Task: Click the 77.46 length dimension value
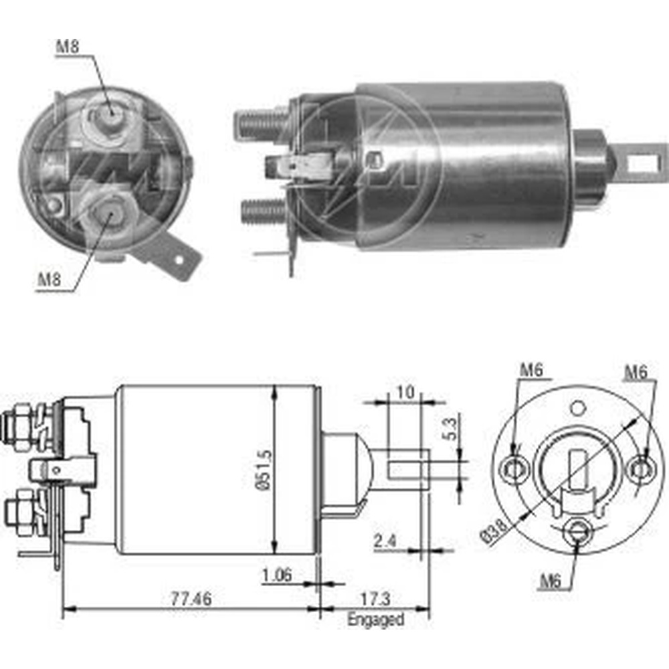(191, 599)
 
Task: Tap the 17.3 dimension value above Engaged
(375, 599)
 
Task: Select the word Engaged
(375, 619)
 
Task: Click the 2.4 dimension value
(385, 541)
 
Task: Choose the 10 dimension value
(405, 391)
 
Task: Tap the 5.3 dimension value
(450, 429)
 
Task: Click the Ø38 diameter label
(494, 530)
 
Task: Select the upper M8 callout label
(68, 46)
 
